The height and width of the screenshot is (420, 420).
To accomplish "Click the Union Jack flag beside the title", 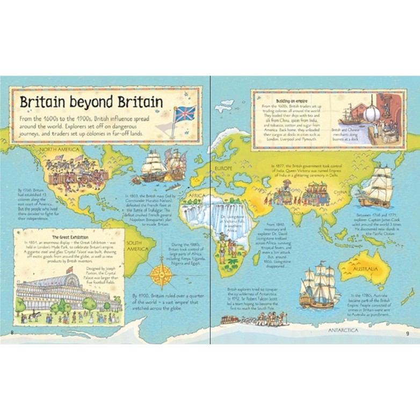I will coord(184,114).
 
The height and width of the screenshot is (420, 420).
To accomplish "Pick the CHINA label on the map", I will coord(339,192).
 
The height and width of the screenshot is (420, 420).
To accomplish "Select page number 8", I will coord(12,335).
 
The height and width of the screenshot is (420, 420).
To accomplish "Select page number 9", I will coord(407,335).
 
